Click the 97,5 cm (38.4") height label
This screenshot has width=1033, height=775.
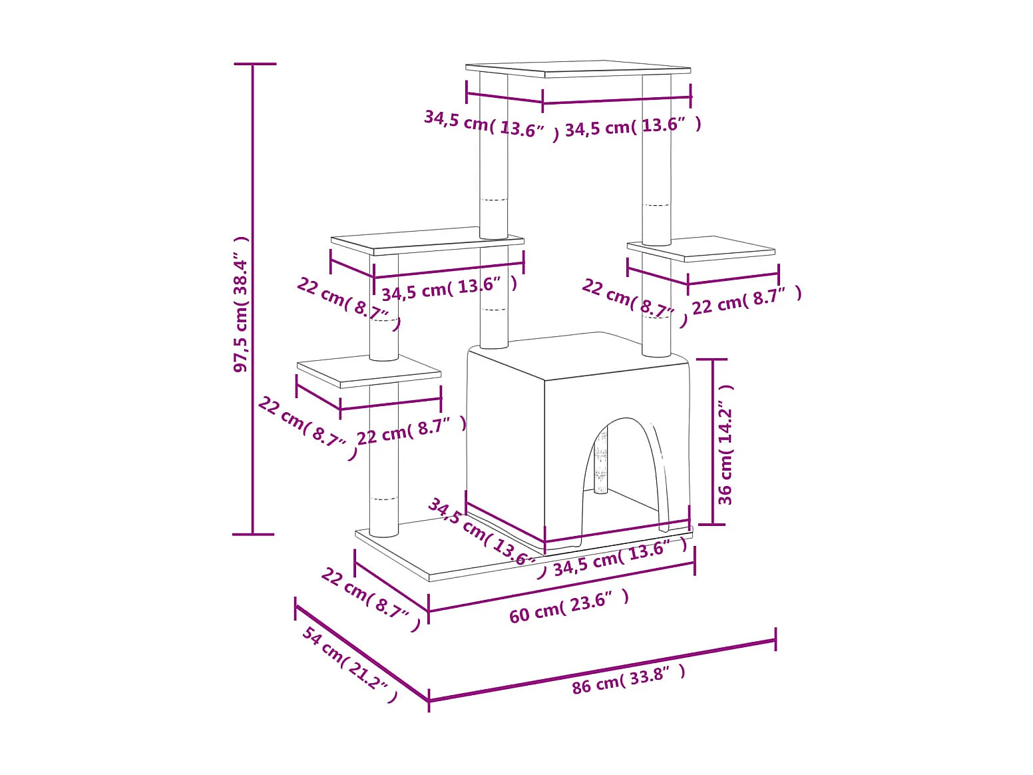click(241, 304)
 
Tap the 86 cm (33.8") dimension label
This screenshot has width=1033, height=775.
click(628, 679)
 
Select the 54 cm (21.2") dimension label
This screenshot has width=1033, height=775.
click(350, 664)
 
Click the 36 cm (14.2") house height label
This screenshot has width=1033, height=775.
click(725, 444)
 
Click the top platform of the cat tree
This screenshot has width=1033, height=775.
click(578, 69)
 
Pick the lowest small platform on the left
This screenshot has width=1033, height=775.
click(368, 370)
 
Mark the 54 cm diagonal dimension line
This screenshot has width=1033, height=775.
click(361, 653)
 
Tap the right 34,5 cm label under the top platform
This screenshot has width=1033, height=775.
click(633, 126)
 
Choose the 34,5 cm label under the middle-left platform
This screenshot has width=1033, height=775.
click(449, 288)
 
